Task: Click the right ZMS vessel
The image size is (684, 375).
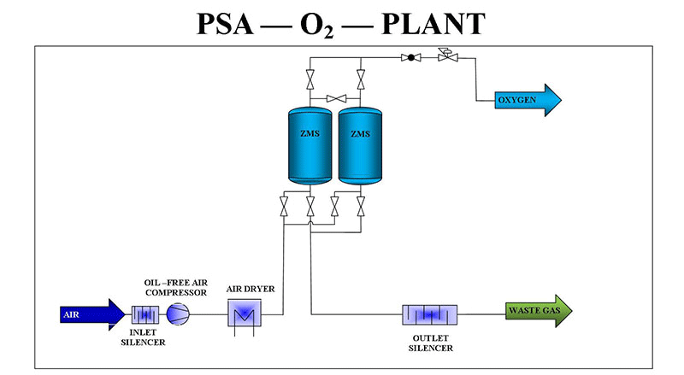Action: pos(360,144)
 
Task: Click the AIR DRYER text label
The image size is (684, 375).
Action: pos(250,289)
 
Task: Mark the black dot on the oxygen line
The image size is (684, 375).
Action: pos(411,58)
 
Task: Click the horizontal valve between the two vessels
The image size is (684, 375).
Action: pos(334,97)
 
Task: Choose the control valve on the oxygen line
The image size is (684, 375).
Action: pos(444,57)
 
